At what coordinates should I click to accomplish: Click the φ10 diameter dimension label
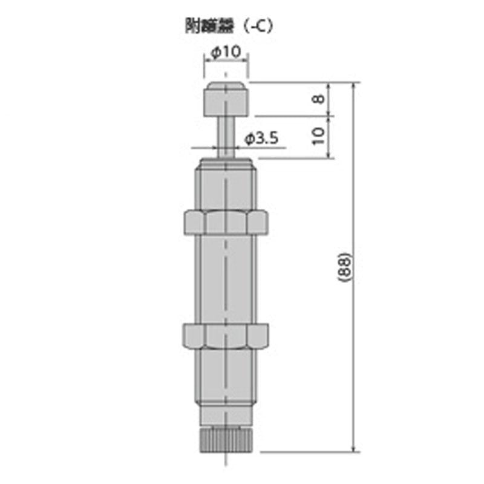click(x=226, y=53)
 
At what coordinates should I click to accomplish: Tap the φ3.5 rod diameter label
click(x=261, y=139)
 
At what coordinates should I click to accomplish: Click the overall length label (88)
click(x=343, y=266)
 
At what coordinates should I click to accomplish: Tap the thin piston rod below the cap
click(x=226, y=136)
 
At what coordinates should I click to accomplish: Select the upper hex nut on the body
click(x=225, y=222)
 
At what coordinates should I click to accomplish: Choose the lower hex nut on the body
click(x=225, y=336)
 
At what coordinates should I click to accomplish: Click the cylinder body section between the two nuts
click(x=226, y=278)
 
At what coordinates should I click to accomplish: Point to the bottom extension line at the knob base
click(x=309, y=451)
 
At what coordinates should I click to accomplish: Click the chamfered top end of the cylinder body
click(x=226, y=163)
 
